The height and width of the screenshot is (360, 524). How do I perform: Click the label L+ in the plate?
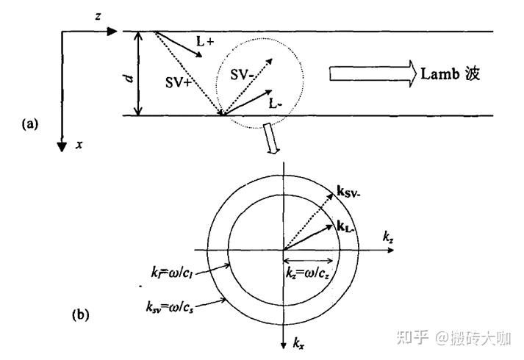pyautogui.click(x=204, y=44)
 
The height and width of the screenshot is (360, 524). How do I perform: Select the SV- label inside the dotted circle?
pyautogui.click(x=244, y=74)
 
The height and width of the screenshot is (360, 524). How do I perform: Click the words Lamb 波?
pyautogui.click(x=450, y=73)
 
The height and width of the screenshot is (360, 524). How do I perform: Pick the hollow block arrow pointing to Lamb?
pyautogui.click(x=371, y=73)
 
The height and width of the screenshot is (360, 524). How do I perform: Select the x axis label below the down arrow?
pyautogui.click(x=79, y=145)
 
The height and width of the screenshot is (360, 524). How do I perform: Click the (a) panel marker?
pyautogui.click(x=30, y=124)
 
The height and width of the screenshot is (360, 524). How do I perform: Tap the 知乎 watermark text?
pyautogui.click(x=412, y=337)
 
